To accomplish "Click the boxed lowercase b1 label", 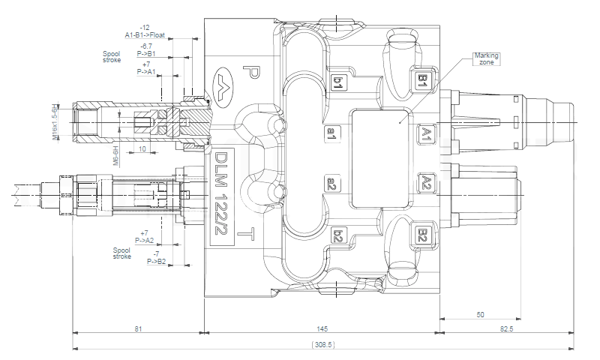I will tap(339, 83).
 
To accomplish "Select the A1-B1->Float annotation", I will tap(145, 34).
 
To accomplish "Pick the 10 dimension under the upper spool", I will tap(142, 148).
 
